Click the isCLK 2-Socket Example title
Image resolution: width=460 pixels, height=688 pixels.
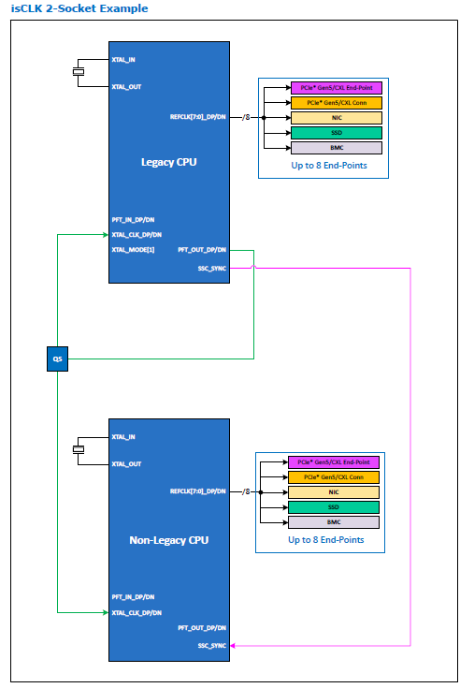coord(79,8)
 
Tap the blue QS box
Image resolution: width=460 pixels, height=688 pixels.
coord(57,359)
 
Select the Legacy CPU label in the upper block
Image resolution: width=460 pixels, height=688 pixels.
coord(168,162)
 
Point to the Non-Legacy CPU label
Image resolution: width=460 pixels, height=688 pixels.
coord(168,540)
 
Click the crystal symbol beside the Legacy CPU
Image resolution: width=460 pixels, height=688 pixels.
coord(79,72)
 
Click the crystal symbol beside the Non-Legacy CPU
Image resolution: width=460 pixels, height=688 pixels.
coord(79,449)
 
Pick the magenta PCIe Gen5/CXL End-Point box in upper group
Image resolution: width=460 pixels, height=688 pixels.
coord(337,88)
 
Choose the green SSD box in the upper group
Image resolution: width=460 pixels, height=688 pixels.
coord(337,133)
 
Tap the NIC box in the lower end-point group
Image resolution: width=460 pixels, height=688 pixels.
coord(334,492)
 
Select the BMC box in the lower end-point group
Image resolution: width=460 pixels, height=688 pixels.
coord(334,522)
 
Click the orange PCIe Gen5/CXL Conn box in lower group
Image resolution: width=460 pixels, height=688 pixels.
coord(334,477)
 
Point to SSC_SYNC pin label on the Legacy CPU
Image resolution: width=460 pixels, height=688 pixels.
coord(212,269)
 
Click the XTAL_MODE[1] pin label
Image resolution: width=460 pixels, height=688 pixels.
coord(133,250)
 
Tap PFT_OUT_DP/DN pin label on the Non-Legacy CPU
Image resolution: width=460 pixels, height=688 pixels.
coord(202,628)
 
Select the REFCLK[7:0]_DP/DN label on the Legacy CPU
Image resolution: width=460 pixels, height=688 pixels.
coord(198,117)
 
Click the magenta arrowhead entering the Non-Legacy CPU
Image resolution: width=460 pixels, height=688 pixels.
coord(233,646)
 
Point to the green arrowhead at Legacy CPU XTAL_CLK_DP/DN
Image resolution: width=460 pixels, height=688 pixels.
coord(106,235)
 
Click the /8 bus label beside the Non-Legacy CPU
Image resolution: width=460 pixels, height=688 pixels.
coord(246,491)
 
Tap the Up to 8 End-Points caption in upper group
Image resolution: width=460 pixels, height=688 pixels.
coord(329,166)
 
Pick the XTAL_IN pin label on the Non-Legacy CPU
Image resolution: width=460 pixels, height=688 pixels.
coord(123,437)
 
